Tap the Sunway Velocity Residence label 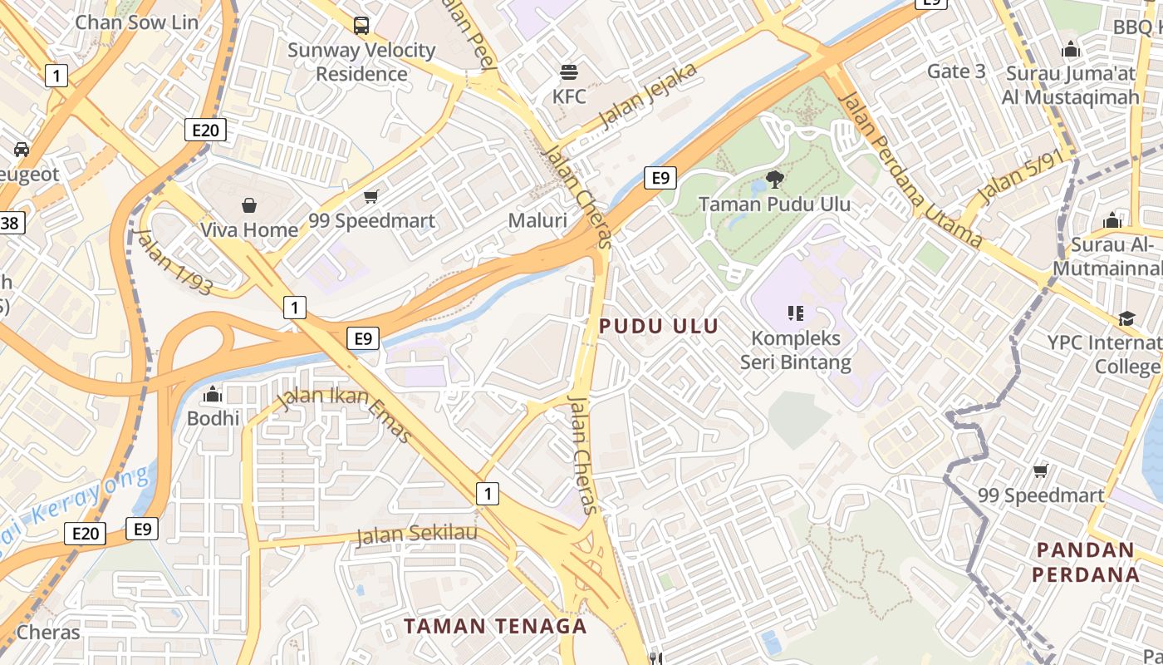pos(361,62)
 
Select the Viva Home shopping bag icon pos(248,204)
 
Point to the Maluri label pos(538,220)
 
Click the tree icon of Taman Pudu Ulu pos(774,179)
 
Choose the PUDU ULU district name pos(659,326)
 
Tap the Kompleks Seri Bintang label pos(796,351)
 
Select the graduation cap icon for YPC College pos(1126,319)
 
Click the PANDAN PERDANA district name pos(1086,562)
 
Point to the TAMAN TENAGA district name pos(495,626)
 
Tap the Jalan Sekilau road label pos(417,533)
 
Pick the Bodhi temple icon pos(213,394)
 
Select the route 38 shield pos(11,223)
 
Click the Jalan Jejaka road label pos(647,97)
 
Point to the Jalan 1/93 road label pos(175,262)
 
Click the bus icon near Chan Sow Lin pos(361,25)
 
